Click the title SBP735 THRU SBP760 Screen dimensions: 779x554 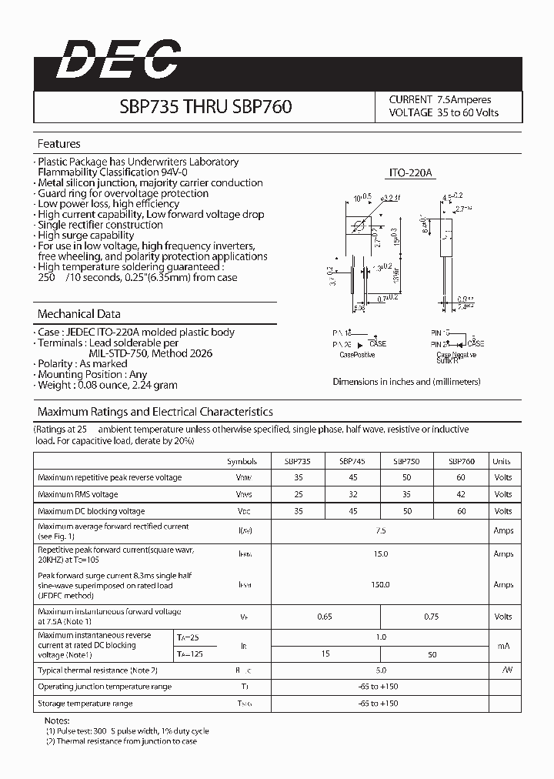point(205,106)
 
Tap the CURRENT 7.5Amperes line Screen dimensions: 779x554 point(439,99)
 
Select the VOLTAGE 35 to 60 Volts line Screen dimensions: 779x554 point(443,112)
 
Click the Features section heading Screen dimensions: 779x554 point(59,144)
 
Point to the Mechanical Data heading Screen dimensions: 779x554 point(79,314)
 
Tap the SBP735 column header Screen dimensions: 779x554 point(298,461)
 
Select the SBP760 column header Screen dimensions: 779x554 point(462,461)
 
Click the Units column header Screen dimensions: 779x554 point(502,461)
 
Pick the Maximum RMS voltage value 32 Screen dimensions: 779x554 point(352,494)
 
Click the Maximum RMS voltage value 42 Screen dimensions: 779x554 point(462,494)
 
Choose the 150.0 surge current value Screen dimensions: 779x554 point(380,585)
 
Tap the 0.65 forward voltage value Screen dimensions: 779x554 point(325,617)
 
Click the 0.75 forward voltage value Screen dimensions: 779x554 point(434,617)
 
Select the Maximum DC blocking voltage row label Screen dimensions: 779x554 point(91,511)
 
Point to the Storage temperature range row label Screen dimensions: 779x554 point(85,704)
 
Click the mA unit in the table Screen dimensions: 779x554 point(503,645)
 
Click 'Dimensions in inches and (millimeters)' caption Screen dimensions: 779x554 point(406,382)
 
